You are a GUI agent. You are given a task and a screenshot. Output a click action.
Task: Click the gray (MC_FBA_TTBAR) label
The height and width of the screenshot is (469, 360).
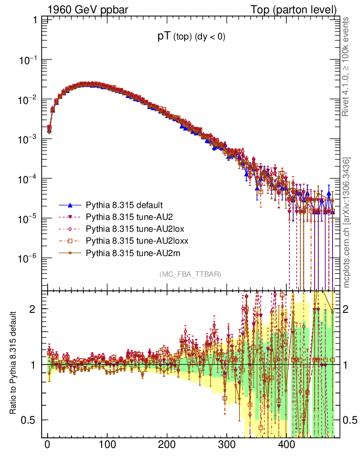(x=190, y=274)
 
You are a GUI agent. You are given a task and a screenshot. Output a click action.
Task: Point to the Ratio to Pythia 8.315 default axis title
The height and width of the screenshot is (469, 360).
(x=14, y=364)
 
